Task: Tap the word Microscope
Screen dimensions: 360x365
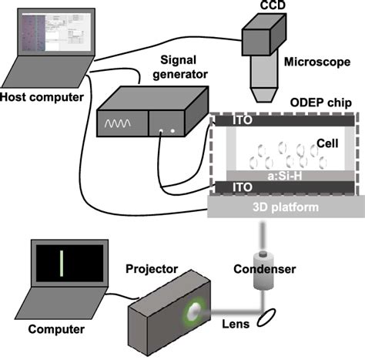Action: [x=313, y=61]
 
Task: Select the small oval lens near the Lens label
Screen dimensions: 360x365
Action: [x=268, y=316]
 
